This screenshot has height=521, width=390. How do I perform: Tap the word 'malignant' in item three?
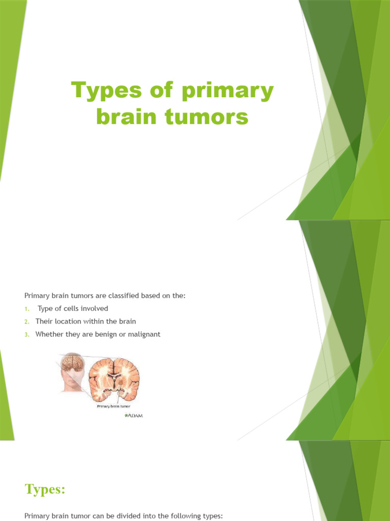pos(144,334)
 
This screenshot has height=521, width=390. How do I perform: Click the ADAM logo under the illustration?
pos(134,416)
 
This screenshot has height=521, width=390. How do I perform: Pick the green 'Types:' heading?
pos(45,489)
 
